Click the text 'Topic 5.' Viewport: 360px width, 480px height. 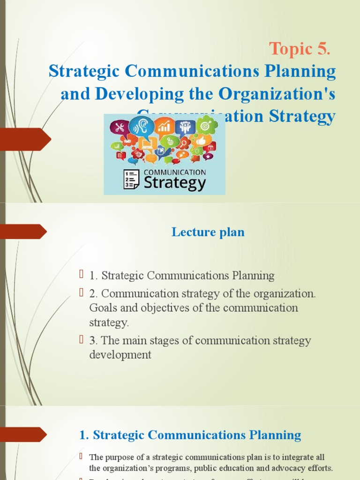tap(299, 49)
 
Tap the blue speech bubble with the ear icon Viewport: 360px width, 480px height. tap(140, 126)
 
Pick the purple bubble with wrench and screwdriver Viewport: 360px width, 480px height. tap(120, 127)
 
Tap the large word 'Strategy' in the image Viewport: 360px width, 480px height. tap(174, 183)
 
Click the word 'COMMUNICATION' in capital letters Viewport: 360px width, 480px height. tap(174, 172)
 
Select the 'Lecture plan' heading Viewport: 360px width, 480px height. tap(208, 232)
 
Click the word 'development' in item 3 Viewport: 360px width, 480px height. tap(120, 355)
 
